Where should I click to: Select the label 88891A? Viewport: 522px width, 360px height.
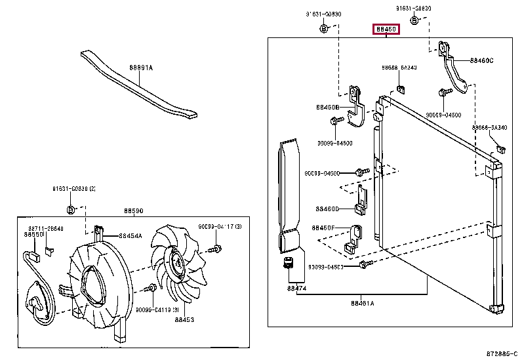pyautogui.click(x=140, y=68)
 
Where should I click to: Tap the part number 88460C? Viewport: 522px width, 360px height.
pyautogui.click(x=482, y=60)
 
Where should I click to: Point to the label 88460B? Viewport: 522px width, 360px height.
pyautogui.click(x=327, y=107)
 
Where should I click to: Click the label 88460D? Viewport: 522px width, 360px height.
pyautogui.click(x=327, y=209)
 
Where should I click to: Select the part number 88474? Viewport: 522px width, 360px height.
pyautogui.click(x=296, y=287)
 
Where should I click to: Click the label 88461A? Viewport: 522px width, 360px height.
pyautogui.click(x=362, y=303)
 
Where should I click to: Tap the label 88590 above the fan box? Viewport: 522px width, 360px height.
pyautogui.click(x=134, y=211)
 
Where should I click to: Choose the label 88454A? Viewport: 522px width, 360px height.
pyautogui.click(x=130, y=236)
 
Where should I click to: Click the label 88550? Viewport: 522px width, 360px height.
pyautogui.click(x=33, y=234)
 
